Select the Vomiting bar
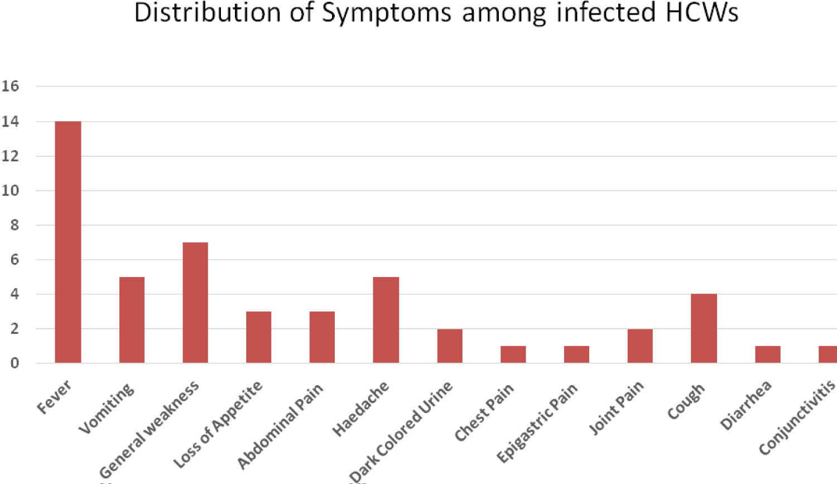point(132,320)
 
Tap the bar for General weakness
point(195,303)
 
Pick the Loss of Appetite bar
point(259,337)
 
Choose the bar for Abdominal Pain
point(322,337)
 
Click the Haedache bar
point(386,320)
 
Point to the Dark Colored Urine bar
point(450,346)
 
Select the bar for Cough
point(704,328)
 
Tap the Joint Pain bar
point(640,346)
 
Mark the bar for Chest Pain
point(513,354)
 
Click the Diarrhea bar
point(768,354)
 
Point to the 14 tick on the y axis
point(10,122)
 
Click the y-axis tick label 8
point(14,225)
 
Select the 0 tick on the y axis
point(14,363)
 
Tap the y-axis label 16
point(10,87)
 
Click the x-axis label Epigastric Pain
point(537,423)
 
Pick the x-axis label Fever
point(54,397)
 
